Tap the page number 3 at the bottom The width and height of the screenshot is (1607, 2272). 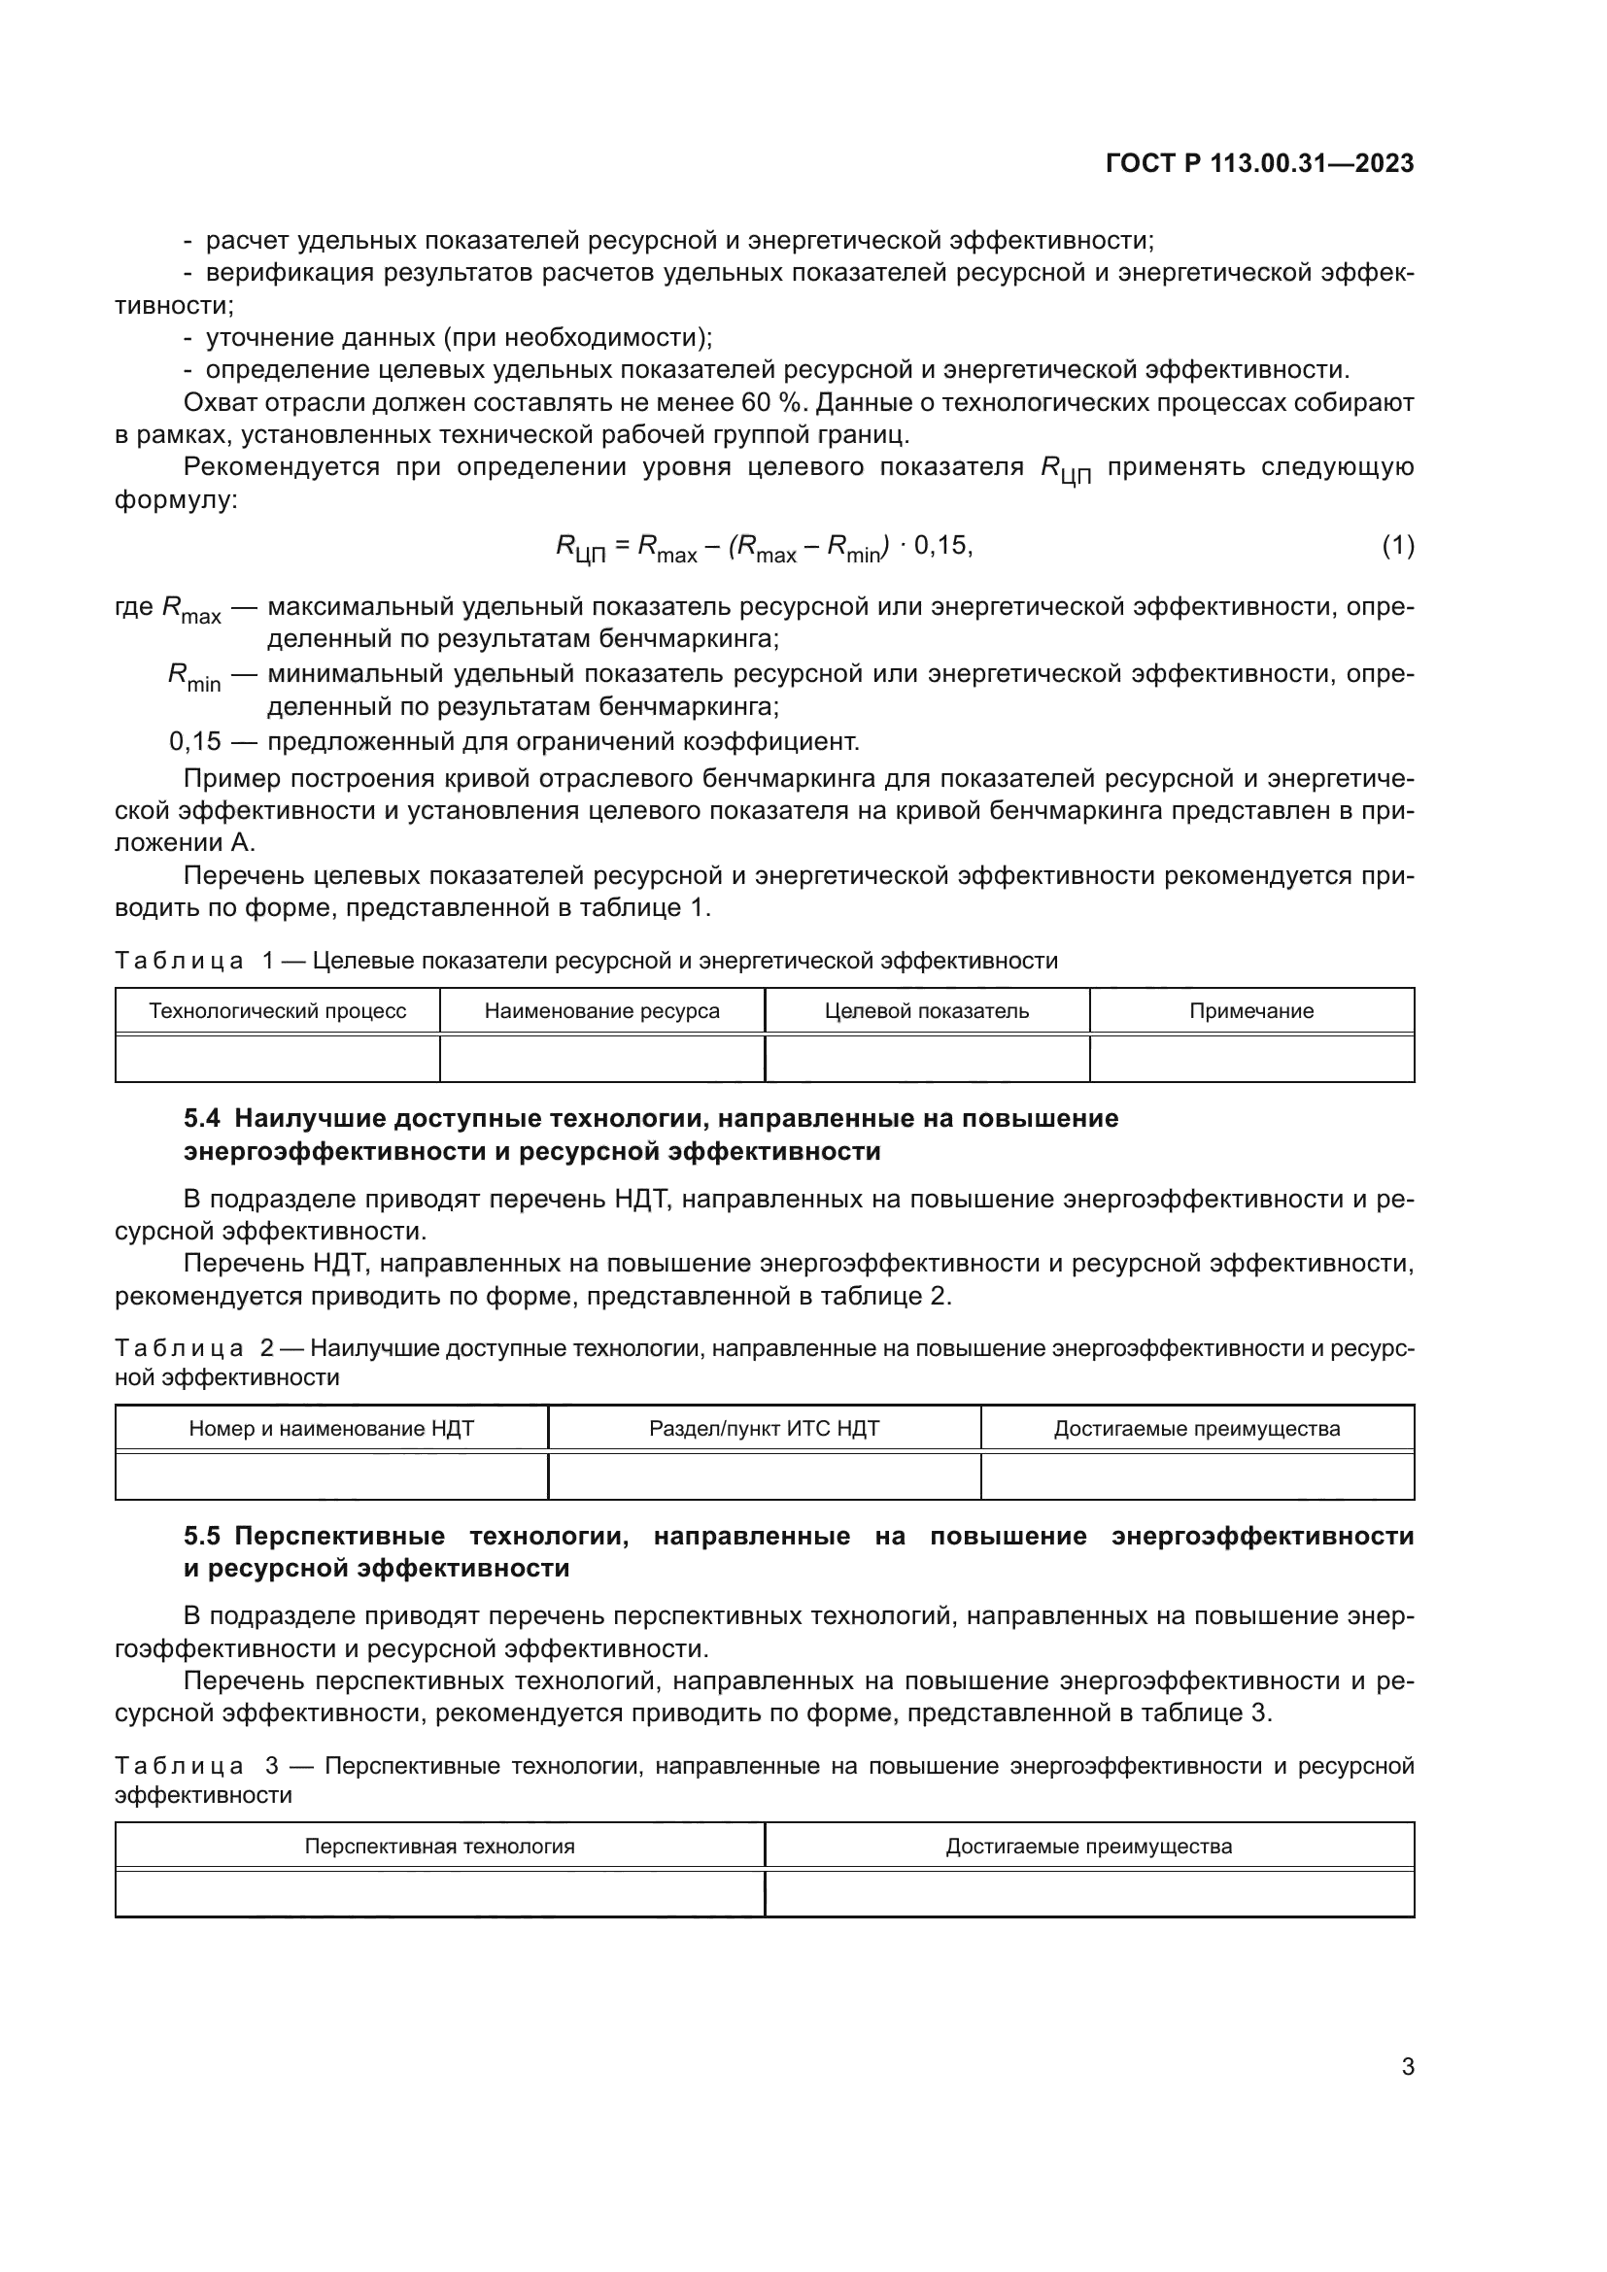(1407, 2066)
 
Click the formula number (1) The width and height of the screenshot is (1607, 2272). (1397, 545)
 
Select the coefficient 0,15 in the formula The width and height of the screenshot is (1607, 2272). (941, 545)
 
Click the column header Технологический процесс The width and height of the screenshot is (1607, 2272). (277, 1011)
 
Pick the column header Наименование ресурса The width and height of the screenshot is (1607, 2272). (601, 1011)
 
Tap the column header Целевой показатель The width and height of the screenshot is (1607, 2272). (926, 1011)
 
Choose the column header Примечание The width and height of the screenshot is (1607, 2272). (1250, 1011)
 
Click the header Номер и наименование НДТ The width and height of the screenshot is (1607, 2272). (331, 1429)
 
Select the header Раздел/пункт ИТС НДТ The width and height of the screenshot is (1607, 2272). (764, 1429)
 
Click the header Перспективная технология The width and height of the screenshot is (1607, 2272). (439, 1847)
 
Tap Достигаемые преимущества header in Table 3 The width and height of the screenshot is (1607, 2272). (1088, 1847)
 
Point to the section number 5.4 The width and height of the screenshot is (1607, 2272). (202, 1119)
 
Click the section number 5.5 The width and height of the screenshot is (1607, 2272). (202, 1537)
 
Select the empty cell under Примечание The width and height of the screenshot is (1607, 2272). (1250, 1059)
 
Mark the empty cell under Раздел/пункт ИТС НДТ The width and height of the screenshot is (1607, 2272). (764, 1476)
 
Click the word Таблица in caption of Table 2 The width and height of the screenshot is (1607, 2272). (179, 1349)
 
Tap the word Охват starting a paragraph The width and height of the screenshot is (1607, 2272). (221, 403)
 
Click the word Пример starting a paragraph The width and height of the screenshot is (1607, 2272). (232, 779)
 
